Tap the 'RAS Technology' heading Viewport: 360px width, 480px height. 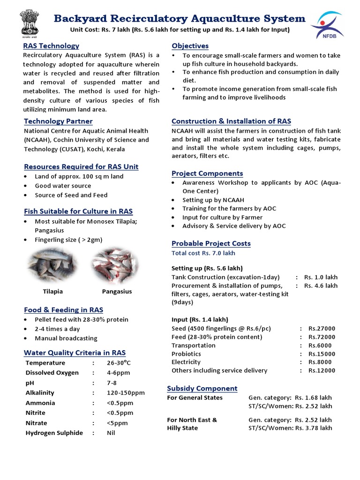pos(51,45)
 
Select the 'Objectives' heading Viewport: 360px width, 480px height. pos(190,45)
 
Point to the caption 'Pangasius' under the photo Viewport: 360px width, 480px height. pos(117,291)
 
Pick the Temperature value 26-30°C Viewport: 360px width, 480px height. pos(119,363)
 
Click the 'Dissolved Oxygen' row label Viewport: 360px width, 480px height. pos(52,373)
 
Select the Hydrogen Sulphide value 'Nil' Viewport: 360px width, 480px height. pos(111,433)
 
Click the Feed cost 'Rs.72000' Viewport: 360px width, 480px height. pos(322,337)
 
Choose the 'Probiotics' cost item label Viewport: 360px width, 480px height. pos(186,354)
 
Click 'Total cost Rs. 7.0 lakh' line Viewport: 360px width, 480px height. pos(203,253)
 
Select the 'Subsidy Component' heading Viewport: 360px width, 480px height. pos(202,388)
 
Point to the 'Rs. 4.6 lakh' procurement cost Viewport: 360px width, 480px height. pos(321,285)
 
